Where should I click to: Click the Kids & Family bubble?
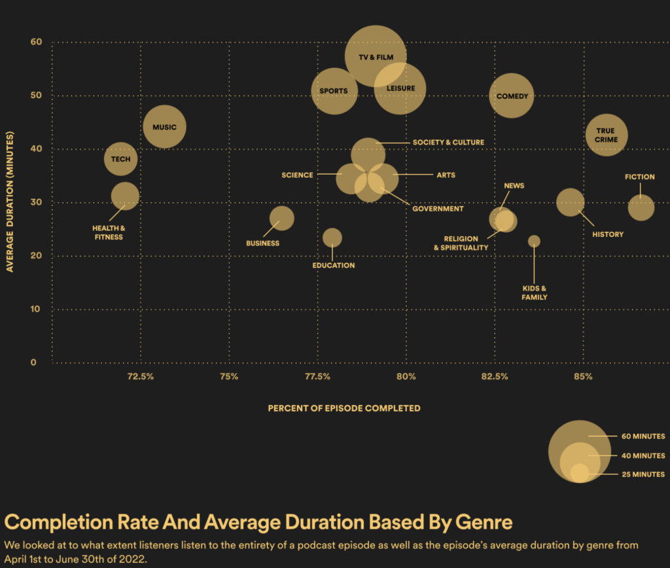coord(534,241)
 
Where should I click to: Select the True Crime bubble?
coord(606,135)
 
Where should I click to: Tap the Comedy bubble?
coord(512,96)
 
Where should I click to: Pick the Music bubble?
coord(164,127)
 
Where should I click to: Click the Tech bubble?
coord(120,158)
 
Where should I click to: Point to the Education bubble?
coord(332,238)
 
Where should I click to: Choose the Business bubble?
coord(281,218)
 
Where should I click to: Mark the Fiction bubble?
coord(641,207)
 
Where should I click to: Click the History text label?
coord(608,234)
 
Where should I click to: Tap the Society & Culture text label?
coord(448,142)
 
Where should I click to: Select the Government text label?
coord(438,209)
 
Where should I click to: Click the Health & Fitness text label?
coord(109,232)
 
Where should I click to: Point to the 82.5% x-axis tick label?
coord(495,376)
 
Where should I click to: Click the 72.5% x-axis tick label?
coord(141,376)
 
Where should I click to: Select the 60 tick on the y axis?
coord(36,42)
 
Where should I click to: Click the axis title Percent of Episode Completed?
coord(344,408)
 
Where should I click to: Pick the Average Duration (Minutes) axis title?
coord(10,202)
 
